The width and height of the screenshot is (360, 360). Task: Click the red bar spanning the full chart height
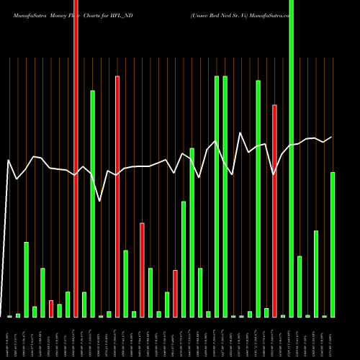point(76,158)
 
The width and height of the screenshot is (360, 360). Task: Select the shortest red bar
point(51,309)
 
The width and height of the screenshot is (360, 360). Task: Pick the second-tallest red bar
point(117,196)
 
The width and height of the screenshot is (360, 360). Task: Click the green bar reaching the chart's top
point(291,158)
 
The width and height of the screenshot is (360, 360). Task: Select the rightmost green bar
point(333,245)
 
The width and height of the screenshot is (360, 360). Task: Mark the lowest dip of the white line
point(101,201)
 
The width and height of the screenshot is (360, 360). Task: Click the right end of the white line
point(332,137)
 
